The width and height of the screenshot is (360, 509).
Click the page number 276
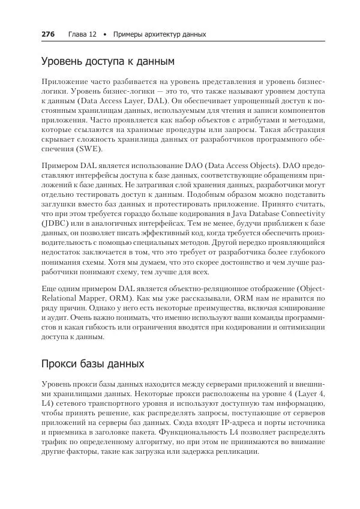pyautogui.click(x=48, y=34)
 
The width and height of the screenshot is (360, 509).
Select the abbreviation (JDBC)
pyautogui.click(x=57, y=224)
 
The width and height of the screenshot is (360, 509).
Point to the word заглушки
pyautogui.click(x=59, y=203)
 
